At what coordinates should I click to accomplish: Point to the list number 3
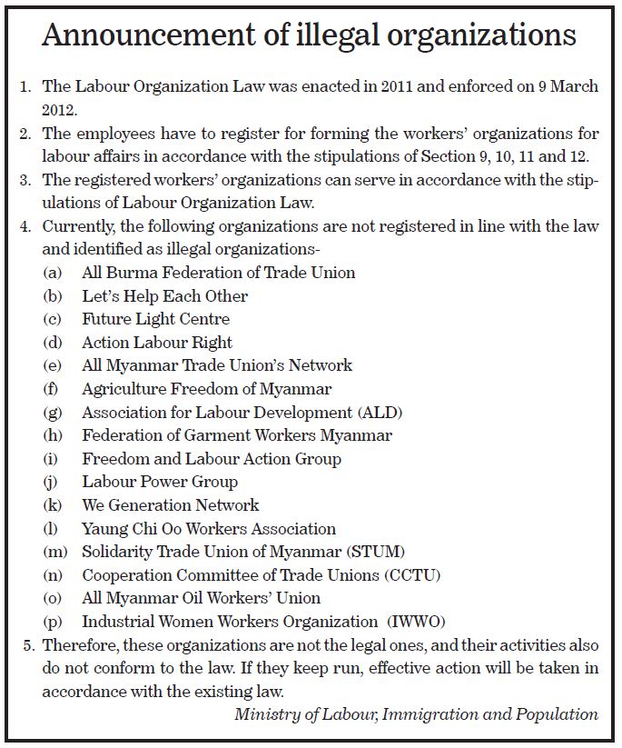click(25, 179)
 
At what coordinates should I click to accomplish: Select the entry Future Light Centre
click(155, 319)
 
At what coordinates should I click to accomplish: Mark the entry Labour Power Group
click(160, 482)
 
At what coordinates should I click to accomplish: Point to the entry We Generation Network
click(170, 505)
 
